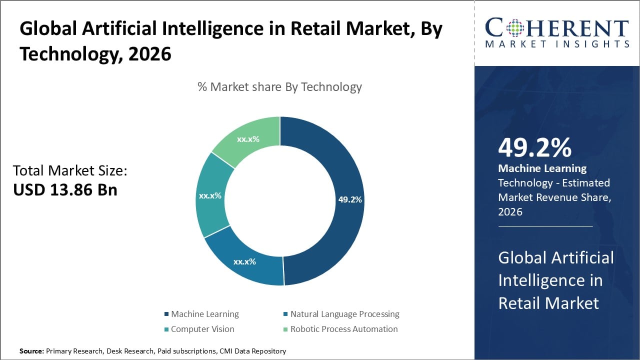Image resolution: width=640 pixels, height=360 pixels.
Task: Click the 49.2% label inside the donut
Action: [350, 199]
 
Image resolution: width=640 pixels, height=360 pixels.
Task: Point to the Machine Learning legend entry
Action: [204, 314]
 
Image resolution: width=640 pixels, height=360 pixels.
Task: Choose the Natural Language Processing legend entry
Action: [344, 314]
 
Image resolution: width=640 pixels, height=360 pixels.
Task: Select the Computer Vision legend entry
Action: [202, 329]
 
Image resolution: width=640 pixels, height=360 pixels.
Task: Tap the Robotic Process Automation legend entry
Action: [344, 329]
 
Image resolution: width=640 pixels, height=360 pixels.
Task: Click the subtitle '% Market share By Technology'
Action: [279, 87]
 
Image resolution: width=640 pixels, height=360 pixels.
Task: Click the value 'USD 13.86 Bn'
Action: [65, 190]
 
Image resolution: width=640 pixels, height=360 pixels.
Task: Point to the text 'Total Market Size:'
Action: [70, 171]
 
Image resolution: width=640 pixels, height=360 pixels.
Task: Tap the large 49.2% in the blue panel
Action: [534, 147]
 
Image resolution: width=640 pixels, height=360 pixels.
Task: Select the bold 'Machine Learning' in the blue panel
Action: [542, 168]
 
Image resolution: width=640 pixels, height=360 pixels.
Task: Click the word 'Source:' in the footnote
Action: [31, 351]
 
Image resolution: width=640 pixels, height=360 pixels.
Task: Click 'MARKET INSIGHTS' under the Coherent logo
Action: [556, 44]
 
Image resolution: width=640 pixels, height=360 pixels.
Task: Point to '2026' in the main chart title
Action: [150, 53]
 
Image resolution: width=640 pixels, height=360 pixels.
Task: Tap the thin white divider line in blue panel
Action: [545, 226]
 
